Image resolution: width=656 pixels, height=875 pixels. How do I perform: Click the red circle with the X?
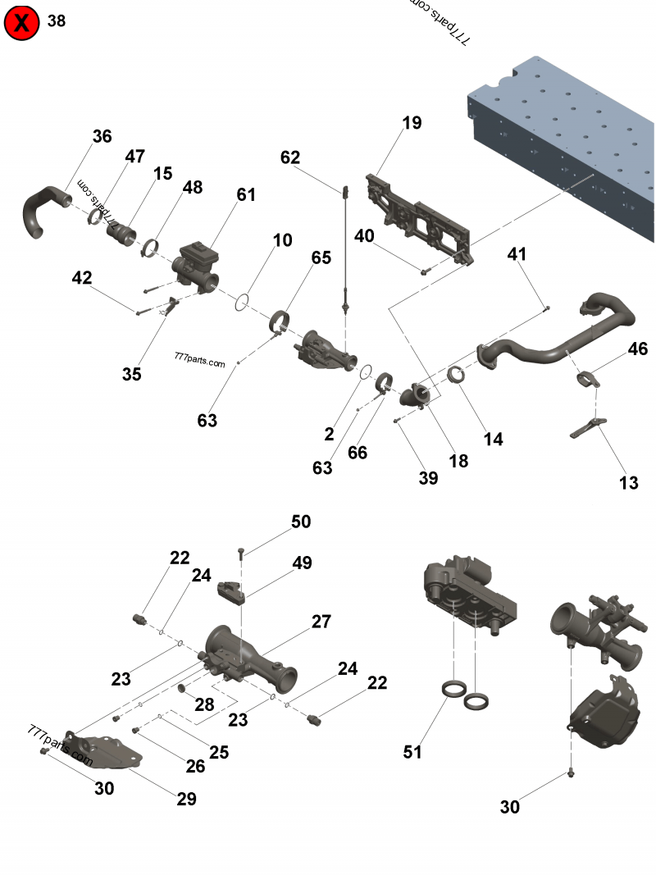click(x=22, y=22)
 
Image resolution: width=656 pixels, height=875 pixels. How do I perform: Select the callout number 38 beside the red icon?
click(x=57, y=21)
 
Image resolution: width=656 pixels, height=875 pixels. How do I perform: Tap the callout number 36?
click(x=102, y=136)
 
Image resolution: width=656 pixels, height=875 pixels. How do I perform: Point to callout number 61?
click(x=246, y=194)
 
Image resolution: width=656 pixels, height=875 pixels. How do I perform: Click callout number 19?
click(x=412, y=123)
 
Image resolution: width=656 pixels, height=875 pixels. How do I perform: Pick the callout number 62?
click(x=290, y=157)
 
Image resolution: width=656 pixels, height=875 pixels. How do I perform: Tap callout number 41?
click(x=517, y=254)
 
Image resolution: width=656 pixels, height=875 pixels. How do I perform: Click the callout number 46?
click(x=638, y=349)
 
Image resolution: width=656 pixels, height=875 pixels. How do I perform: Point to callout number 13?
click(x=628, y=483)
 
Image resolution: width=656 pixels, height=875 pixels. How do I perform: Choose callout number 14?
click(x=493, y=439)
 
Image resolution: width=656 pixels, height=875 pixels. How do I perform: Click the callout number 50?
click(x=301, y=522)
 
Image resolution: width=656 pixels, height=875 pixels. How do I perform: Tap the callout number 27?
click(x=321, y=621)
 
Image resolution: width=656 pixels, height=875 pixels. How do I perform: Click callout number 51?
click(x=412, y=751)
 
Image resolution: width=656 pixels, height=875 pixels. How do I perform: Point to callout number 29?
click(x=187, y=799)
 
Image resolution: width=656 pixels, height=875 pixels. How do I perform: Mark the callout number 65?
click(x=321, y=257)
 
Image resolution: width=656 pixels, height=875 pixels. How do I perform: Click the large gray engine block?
click(x=566, y=139)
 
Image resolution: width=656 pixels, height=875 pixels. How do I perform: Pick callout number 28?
click(x=203, y=704)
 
